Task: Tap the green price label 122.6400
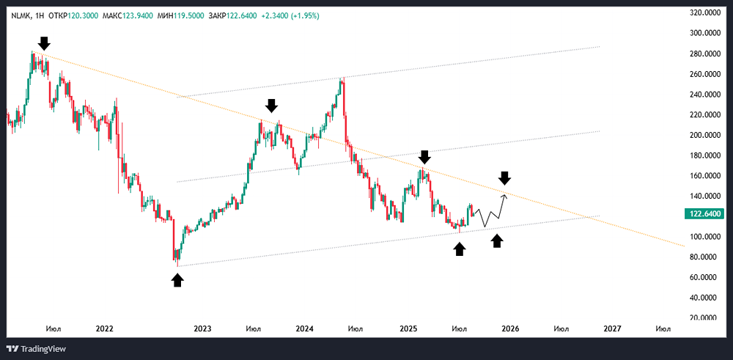(x=707, y=213)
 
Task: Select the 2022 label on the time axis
(x=105, y=328)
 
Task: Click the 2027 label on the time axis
(x=612, y=328)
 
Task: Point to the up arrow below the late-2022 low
(x=177, y=279)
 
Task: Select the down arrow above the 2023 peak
(x=271, y=105)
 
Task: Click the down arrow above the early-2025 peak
(x=424, y=156)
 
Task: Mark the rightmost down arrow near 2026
(x=504, y=177)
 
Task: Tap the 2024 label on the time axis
(x=306, y=328)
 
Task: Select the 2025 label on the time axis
(x=408, y=328)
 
